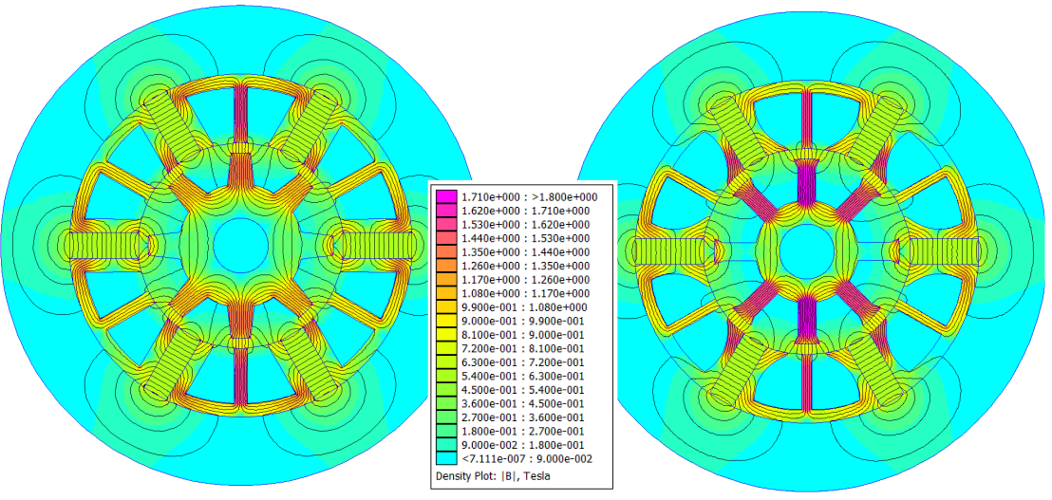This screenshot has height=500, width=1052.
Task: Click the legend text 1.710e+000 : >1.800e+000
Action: [528, 197]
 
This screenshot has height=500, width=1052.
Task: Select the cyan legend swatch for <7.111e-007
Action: [444, 459]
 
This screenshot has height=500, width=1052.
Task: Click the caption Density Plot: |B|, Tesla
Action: [493, 476]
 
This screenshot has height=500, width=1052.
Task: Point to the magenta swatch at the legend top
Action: [444, 197]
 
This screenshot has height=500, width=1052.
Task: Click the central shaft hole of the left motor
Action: [240, 245]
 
